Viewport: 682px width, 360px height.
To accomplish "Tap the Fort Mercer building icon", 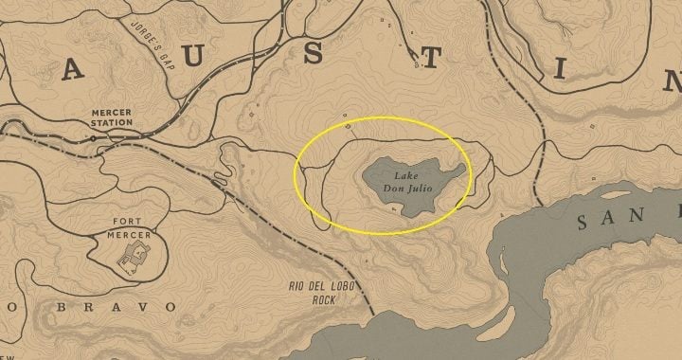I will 134,252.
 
